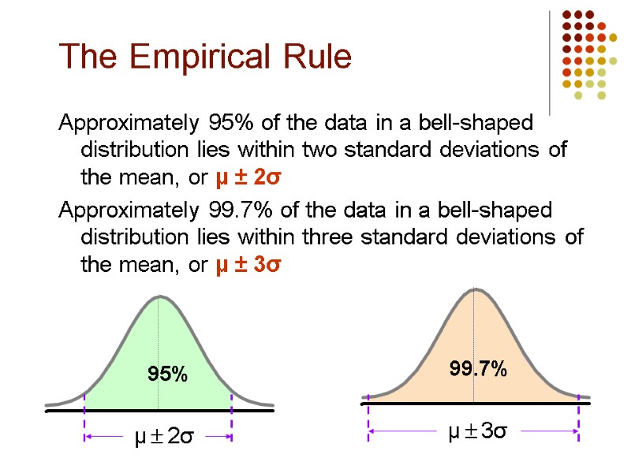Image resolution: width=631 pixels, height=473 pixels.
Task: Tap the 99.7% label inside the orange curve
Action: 478,367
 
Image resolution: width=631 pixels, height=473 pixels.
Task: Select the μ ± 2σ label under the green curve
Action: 162,436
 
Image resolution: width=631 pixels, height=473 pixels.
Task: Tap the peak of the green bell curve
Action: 160,297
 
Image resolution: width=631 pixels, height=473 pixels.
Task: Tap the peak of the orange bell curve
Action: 473,289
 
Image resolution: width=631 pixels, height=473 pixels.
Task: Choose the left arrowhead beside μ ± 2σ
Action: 89,436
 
